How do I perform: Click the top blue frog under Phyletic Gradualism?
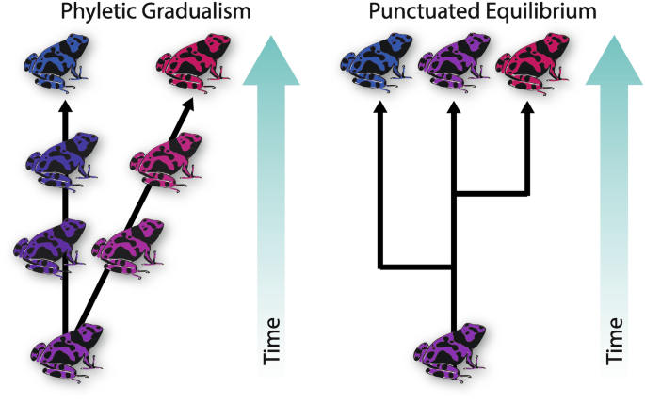point(58,65)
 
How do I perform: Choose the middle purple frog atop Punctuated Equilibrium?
point(452,65)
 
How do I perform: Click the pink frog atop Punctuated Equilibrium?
point(528,65)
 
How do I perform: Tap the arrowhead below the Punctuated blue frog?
point(380,110)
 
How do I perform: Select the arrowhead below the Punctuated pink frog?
point(527,110)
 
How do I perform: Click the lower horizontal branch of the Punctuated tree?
point(417,267)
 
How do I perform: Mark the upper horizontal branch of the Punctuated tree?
point(491,195)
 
